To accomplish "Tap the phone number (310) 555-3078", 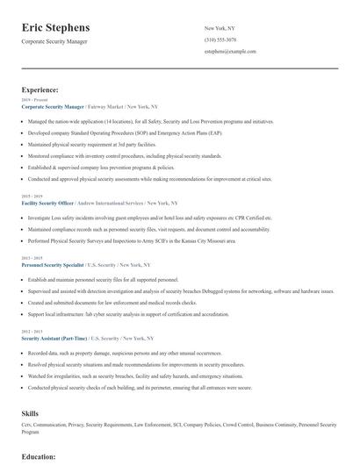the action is (x=220, y=40).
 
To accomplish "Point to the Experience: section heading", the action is (x=40, y=89).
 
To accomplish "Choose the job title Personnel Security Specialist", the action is (x=53, y=264).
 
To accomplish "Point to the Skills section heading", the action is (x=31, y=411).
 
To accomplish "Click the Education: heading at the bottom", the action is (x=39, y=456).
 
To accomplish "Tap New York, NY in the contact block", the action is (x=220, y=28).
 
